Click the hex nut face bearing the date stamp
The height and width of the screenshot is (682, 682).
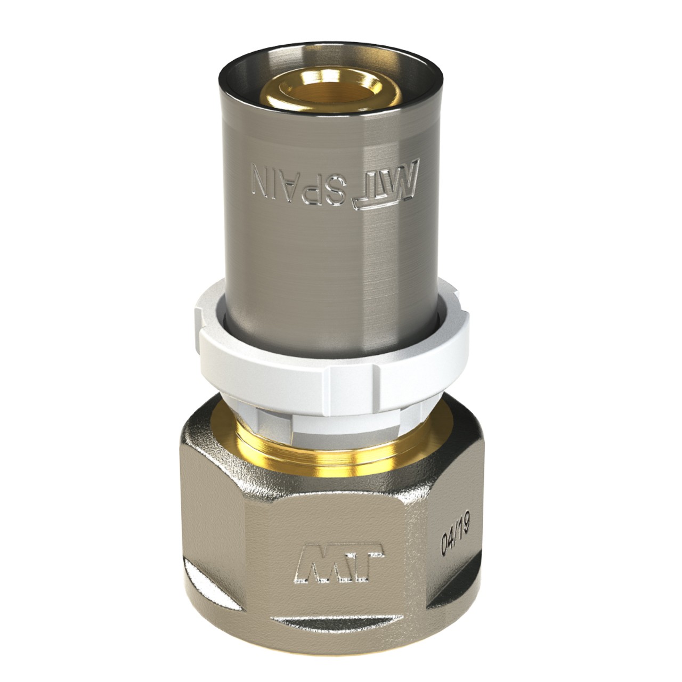click(x=453, y=538)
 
